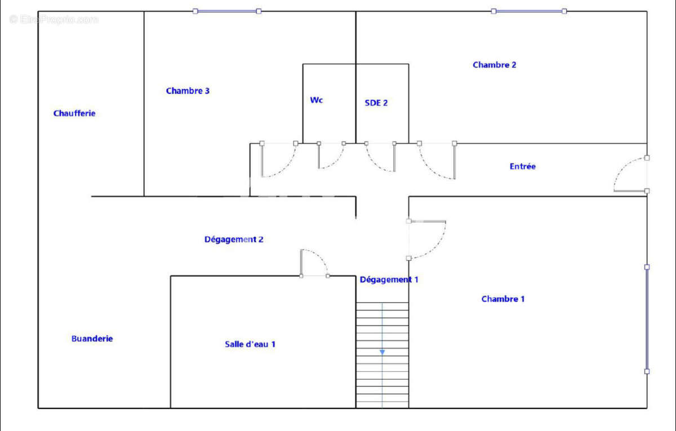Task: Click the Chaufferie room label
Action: (74, 113)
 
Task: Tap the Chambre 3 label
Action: (188, 91)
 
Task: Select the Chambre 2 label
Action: (495, 65)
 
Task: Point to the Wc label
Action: (316, 100)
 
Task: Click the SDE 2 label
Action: (376, 103)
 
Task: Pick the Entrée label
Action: (522, 166)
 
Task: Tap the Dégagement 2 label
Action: (234, 239)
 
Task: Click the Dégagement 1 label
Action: (389, 279)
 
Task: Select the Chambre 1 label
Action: (502, 299)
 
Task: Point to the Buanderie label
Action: (92, 339)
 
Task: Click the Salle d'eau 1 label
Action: (250, 344)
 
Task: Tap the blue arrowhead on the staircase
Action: (382, 352)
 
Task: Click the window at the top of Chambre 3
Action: (227, 11)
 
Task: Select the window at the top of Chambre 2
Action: (529, 11)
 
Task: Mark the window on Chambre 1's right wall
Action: (647, 319)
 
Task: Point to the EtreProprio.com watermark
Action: (54, 20)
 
